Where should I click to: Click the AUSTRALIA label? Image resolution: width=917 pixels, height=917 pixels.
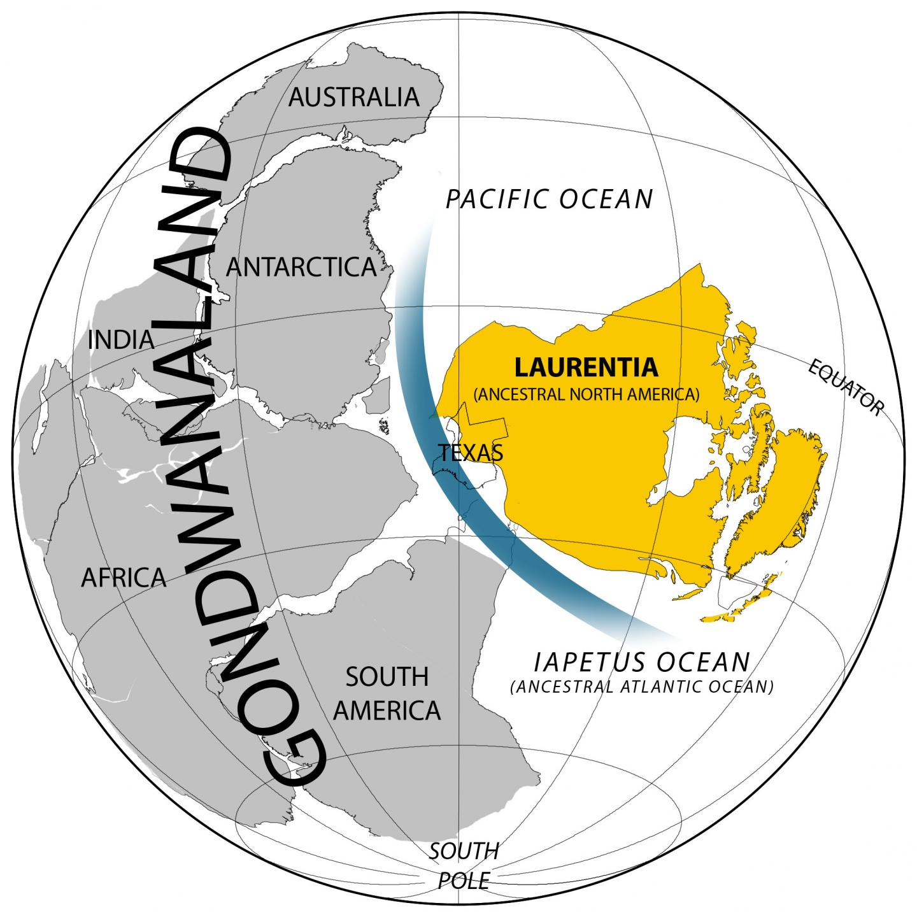pyautogui.click(x=354, y=97)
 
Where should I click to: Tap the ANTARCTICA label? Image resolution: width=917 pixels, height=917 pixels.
pyautogui.click(x=301, y=267)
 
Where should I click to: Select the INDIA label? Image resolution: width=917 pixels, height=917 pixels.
pyautogui.click(x=121, y=340)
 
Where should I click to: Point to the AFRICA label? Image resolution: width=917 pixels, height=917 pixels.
pyautogui.click(x=124, y=578)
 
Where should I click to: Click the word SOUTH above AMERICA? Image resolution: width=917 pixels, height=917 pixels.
pyautogui.click(x=387, y=677)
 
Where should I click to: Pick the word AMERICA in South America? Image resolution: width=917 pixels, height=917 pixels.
pyautogui.click(x=387, y=710)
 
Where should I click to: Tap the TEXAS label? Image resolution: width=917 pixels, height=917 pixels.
pyautogui.click(x=471, y=453)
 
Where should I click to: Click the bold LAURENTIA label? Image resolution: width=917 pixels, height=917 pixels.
pyautogui.click(x=586, y=367)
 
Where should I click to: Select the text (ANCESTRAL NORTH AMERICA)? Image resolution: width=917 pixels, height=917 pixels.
pyautogui.click(x=586, y=394)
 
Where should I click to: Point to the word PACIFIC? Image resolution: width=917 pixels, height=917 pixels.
pyautogui.click(x=496, y=199)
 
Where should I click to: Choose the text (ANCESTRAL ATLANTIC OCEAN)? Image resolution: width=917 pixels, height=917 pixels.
pyautogui.click(x=641, y=687)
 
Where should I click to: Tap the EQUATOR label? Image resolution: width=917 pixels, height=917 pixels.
pyautogui.click(x=846, y=387)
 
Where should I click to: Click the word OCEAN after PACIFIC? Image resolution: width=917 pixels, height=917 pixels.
pyautogui.click(x=607, y=199)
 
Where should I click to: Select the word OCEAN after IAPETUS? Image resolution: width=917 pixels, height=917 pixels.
pyautogui.click(x=704, y=662)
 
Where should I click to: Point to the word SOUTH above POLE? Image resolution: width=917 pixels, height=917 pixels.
pyautogui.click(x=463, y=851)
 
